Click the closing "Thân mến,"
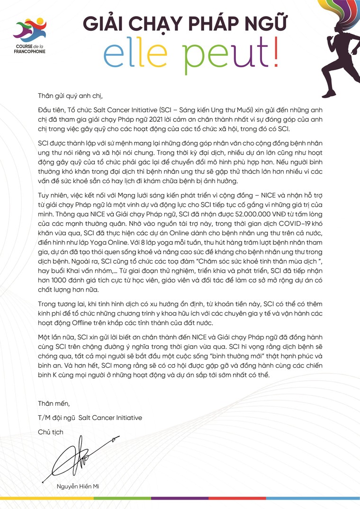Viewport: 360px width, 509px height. coord(54,403)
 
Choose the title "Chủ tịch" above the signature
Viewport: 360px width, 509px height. coord(50,432)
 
